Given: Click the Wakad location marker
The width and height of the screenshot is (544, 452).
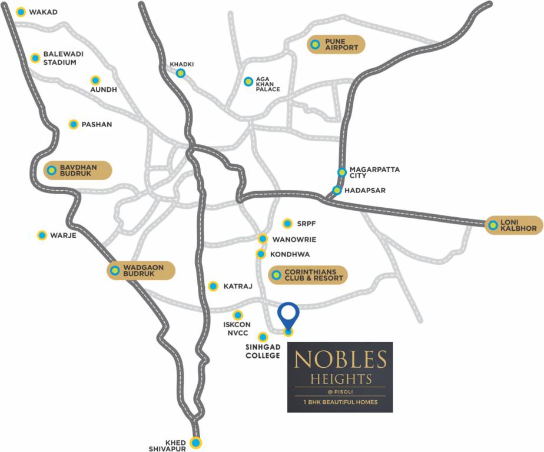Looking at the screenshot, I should pyautogui.click(x=21, y=12).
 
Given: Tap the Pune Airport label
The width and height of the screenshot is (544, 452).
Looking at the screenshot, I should pyautogui.click(x=341, y=44).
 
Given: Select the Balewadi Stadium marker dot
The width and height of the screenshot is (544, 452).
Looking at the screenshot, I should pyautogui.click(x=35, y=58).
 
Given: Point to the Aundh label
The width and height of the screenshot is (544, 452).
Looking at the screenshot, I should pyautogui.click(x=104, y=89).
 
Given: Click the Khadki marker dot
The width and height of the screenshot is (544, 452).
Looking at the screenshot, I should pyautogui.click(x=181, y=73).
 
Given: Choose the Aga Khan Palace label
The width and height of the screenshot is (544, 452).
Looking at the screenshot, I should pyautogui.click(x=267, y=84).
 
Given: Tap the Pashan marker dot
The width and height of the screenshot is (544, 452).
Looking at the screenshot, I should pyautogui.click(x=74, y=124).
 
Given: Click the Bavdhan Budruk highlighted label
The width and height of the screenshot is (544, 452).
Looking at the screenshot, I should pyautogui.click(x=78, y=171).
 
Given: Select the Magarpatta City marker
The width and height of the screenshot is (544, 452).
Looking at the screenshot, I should pyautogui.click(x=342, y=172).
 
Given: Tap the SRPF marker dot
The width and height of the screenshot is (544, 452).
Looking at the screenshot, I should pyautogui.click(x=287, y=223).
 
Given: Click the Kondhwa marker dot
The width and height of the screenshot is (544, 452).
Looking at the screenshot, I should pyautogui.click(x=260, y=254).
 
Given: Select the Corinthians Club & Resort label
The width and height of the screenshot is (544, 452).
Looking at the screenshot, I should pyautogui.click(x=313, y=275).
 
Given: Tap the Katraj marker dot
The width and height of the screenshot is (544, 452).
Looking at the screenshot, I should pyautogui.click(x=213, y=286).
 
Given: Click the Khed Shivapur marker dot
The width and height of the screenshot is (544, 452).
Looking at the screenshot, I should pyautogui.click(x=196, y=443).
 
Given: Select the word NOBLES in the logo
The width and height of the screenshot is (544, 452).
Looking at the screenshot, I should pyautogui.click(x=340, y=359).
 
